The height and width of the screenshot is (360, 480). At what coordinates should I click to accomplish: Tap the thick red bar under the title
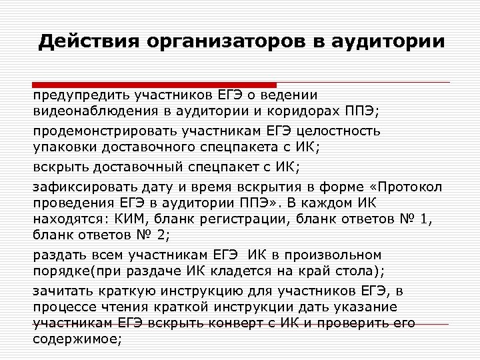click(154, 85)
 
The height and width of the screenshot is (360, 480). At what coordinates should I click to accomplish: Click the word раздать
click(57, 255)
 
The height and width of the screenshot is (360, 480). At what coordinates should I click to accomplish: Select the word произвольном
click(339, 255)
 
